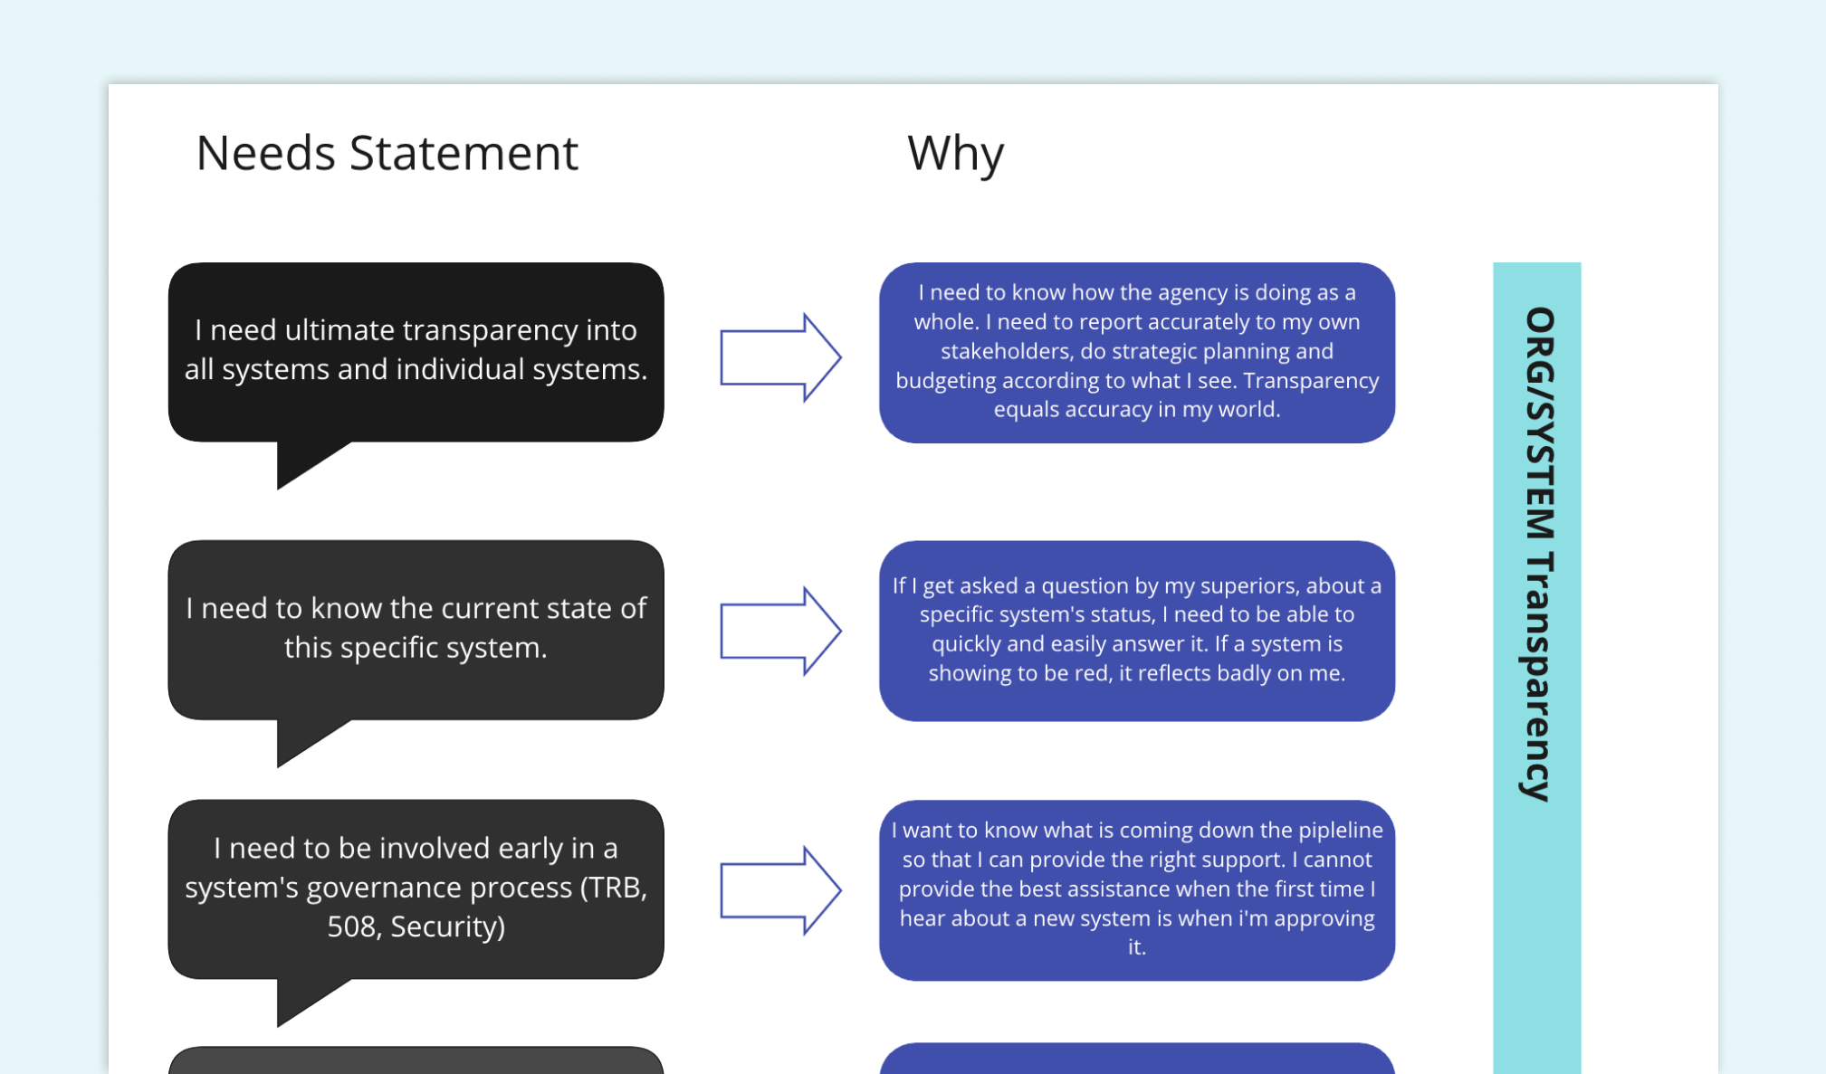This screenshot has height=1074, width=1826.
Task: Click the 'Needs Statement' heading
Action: (x=387, y=153)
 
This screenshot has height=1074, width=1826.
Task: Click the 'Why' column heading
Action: (x=955, y=153)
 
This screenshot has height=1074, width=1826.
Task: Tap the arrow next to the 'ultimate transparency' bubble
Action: (x=779, y=357)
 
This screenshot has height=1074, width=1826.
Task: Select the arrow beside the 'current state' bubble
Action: (x=779, y=631)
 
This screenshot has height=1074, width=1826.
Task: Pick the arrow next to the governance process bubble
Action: (x=779, y=890)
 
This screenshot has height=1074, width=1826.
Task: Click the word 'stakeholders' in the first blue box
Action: (x=1006, y=351)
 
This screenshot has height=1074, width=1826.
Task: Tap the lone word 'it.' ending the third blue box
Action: (x=1136, y=947)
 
